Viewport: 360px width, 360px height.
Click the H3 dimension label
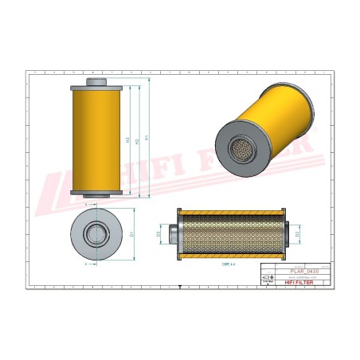tap(128, 140)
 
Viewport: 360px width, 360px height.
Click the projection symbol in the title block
tap(271, 276)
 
